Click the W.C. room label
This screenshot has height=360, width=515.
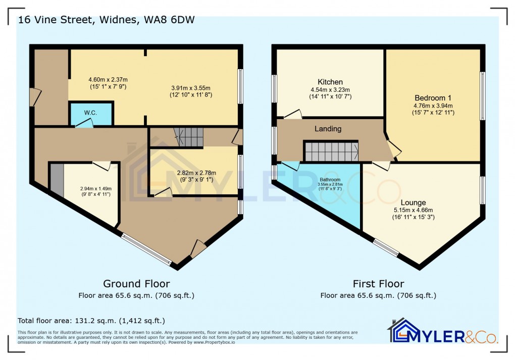tap(90, 112)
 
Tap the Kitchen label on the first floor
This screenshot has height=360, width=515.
tap(330, 82)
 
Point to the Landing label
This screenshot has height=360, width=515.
tap(328, 129)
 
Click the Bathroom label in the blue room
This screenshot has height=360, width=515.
tap(329, 179)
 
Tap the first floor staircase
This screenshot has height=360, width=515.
tap(331, 150)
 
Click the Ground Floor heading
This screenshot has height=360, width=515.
tap(136, 284)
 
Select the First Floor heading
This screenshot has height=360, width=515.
tap(378, 284)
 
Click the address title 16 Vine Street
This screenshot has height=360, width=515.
tap(106, 20)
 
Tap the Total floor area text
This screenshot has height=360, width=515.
tap(91, 321)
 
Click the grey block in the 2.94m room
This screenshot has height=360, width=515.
tap(57, 181)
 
